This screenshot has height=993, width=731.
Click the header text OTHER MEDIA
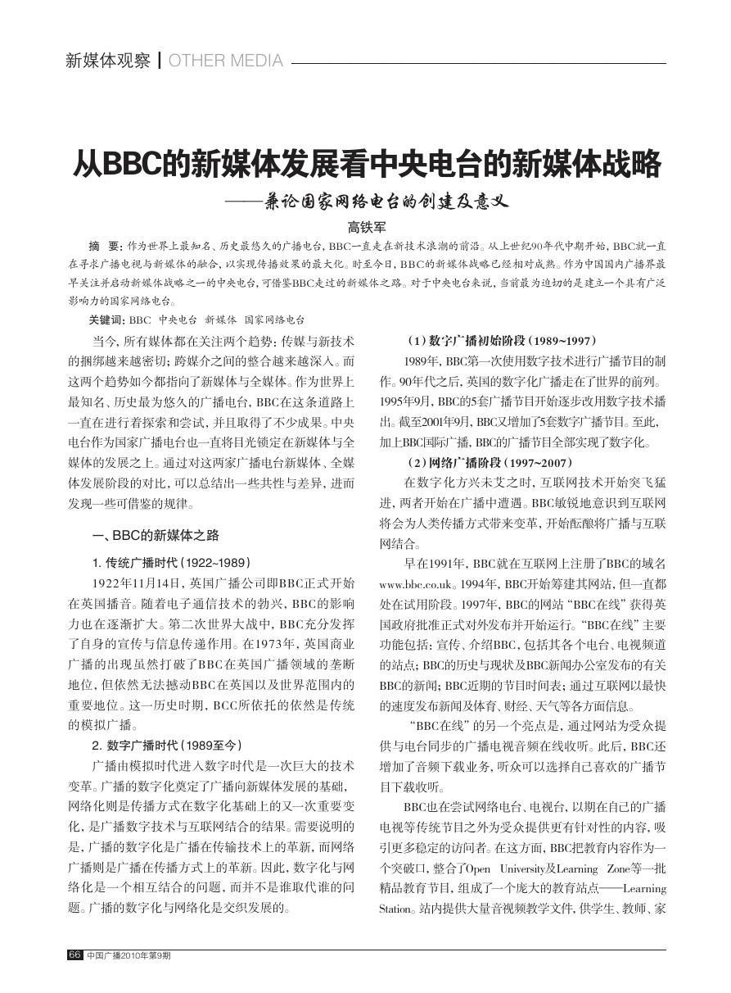point(226,61)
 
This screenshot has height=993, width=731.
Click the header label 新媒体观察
point(107,61)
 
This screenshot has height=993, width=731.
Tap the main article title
point(365,164)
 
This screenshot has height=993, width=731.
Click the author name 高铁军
point(366,227)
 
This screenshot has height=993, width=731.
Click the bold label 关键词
point(106,319)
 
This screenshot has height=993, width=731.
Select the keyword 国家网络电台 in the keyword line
point(274,319)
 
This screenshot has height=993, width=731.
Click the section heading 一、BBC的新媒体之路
point(156,535)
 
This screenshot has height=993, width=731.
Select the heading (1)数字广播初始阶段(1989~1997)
point(502,340)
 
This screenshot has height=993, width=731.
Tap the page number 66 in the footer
point(74,954)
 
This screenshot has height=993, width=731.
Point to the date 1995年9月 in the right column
point(407,401)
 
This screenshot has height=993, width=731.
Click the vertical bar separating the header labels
point(160,61)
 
